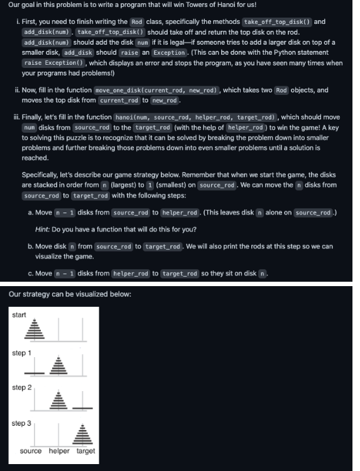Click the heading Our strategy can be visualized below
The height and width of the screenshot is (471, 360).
70,294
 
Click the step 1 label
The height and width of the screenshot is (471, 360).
21,353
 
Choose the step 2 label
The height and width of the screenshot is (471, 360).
21,387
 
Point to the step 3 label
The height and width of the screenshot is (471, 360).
21,423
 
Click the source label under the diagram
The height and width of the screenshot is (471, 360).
31,451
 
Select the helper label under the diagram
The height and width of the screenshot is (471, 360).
59,451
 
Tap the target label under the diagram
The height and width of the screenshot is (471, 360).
85,451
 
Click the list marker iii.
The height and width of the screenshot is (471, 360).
16,117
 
